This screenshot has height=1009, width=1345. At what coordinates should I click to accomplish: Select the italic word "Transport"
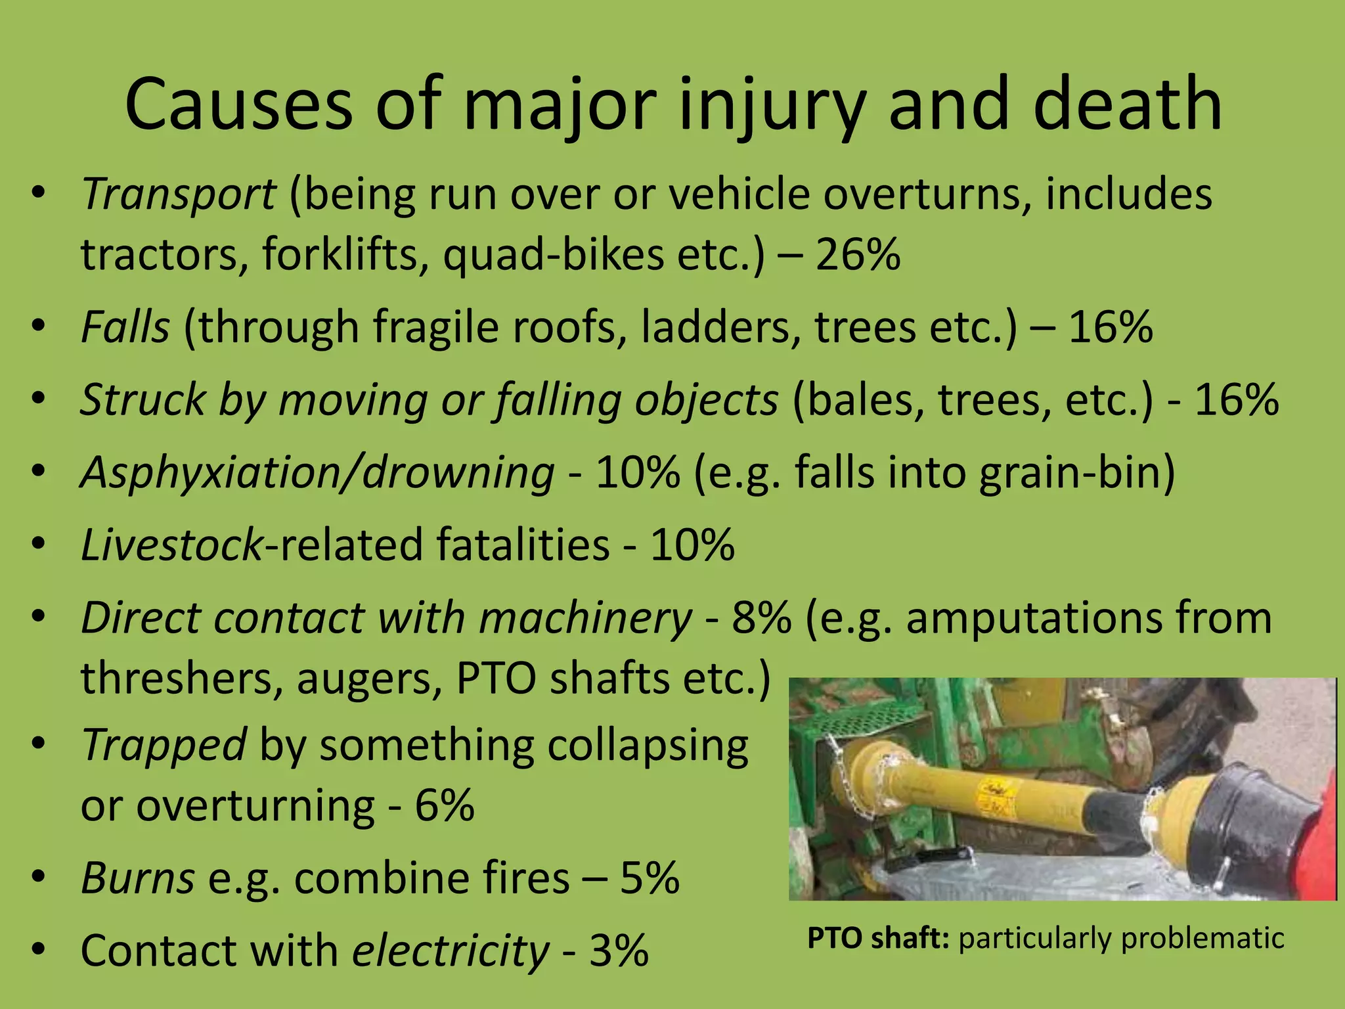coord(178,194)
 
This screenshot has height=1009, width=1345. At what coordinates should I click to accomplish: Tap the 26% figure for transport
coord(858,255)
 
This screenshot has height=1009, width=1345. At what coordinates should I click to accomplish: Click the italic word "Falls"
coord(125,327)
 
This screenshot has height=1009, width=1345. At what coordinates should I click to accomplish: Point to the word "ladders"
coord(720,327)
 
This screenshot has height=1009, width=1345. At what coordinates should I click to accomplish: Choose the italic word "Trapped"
coord(164,746)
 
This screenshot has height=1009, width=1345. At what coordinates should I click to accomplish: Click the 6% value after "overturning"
coord(445,806)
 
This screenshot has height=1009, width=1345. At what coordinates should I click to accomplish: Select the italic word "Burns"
coord(137,878)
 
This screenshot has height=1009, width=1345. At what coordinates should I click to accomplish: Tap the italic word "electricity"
coord(451,951)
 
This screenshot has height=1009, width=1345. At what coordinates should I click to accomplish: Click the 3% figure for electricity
coord(619,951)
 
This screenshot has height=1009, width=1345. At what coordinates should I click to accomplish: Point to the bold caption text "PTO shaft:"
coord(878,939)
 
